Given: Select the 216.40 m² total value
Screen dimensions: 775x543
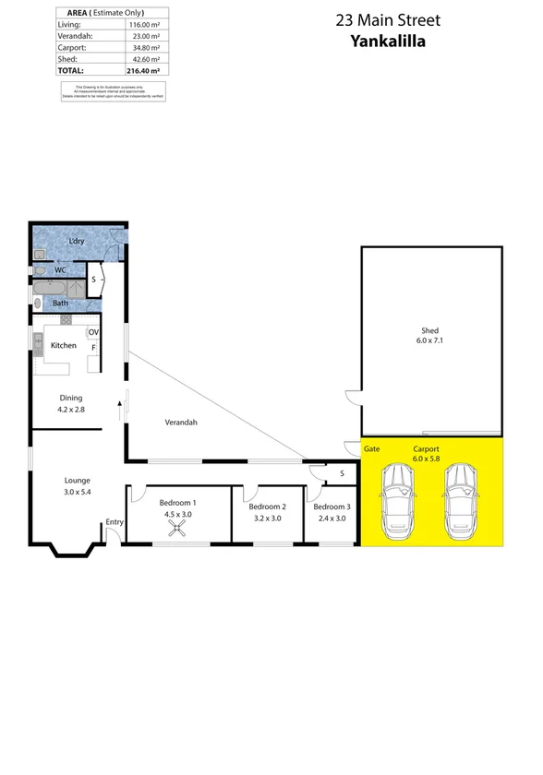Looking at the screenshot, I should tap(144, 70).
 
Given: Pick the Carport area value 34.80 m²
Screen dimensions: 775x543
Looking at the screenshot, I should tap(146, 46).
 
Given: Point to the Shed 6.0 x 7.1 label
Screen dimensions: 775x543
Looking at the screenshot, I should tap(429, 336).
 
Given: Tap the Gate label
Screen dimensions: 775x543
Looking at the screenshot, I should tap(372, 448).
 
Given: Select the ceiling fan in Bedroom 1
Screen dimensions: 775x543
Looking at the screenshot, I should tap(175, 529).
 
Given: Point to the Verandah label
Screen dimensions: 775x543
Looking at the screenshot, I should tap(182, 423).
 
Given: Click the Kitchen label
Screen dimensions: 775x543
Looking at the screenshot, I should tap(63, 345).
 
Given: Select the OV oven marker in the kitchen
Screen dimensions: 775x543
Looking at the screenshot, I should tap(93, 332).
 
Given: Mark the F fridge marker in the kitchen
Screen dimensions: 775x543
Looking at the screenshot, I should tap(92, 347).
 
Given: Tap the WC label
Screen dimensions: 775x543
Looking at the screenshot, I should tap(59, 270).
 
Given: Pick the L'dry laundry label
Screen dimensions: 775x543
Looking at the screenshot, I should tap(78, 241).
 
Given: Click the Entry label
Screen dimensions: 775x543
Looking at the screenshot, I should tap(114, 522).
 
